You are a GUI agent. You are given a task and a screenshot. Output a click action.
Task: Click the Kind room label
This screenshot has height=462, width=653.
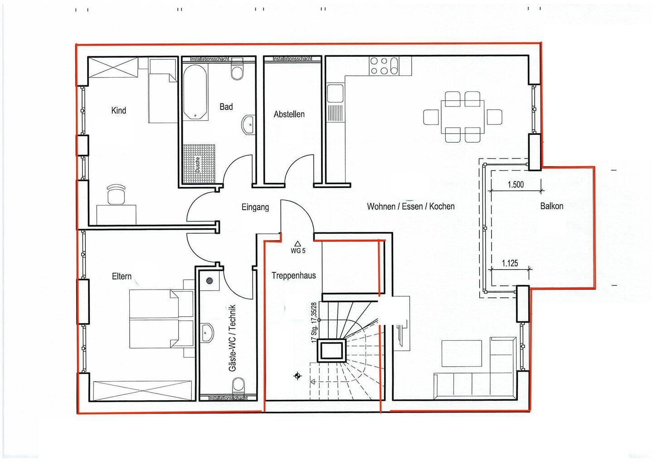tap(119, 111)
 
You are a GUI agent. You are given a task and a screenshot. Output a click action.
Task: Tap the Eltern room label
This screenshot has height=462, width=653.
tap(122, 276)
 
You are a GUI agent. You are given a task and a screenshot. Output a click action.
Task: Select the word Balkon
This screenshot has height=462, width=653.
tap(551, 206)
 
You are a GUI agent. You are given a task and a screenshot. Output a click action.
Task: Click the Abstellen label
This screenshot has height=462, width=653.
tap(289, 114)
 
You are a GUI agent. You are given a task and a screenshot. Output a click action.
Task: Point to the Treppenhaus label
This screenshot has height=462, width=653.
tap(293, 275)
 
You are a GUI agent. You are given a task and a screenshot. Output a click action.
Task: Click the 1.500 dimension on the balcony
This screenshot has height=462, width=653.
tap(516, 185)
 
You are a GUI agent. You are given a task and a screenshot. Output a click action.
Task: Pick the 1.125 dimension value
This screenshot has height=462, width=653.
tap(510, 263)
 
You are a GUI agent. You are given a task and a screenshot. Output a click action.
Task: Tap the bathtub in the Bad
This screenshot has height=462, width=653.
tap(195, 92)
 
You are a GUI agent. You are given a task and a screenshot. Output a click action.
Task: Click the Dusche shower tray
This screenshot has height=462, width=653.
tap(199, 164)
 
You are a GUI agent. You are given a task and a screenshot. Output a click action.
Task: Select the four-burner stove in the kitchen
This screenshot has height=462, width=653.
tap(380, 66)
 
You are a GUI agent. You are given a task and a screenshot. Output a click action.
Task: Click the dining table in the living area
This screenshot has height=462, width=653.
tap(463, 117)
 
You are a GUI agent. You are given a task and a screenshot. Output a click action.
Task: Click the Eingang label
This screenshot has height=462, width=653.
tap(255, 207)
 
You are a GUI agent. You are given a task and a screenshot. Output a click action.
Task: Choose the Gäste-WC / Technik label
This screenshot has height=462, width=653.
tap(232, 338)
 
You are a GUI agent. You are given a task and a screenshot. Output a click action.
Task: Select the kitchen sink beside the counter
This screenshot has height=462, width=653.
tap(335, 93)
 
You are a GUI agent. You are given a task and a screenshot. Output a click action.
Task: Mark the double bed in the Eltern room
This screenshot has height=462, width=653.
tap(161, 319)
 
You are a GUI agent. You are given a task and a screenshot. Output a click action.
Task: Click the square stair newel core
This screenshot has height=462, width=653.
tap(331, 350)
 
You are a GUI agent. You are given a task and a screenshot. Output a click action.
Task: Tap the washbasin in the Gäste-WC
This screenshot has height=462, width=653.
tap(208, 333)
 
